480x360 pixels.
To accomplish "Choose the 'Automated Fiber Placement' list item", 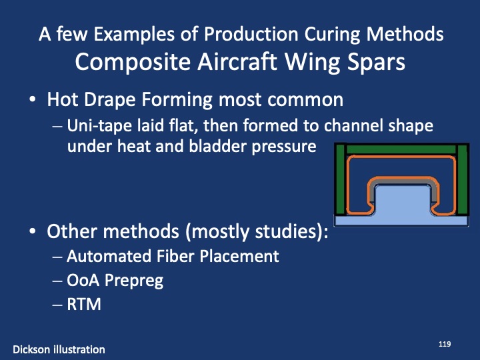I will [x=173, y=256].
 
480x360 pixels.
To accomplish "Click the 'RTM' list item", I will [x=83, y=304].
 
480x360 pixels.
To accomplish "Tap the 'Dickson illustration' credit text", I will [x=59, y=349].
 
